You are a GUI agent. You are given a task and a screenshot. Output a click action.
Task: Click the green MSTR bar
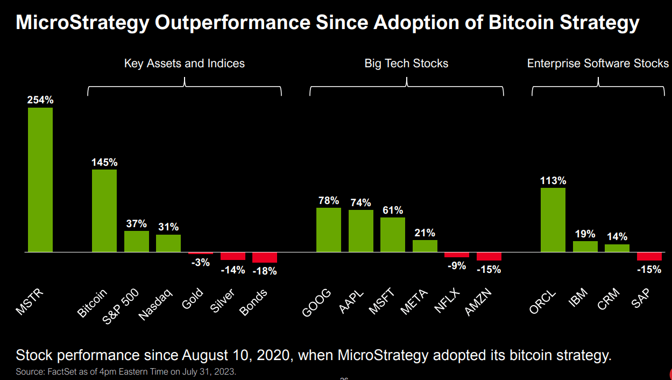pyautogui.click(x=40, y=180)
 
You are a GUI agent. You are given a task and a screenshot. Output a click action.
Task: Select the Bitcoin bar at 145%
pyautogui.click(x=104, y=210)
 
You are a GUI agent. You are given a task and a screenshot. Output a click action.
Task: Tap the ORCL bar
pyautogui.click(x=553, y=220)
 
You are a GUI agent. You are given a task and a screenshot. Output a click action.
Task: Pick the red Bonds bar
pyautogui.click(x=265, y=257)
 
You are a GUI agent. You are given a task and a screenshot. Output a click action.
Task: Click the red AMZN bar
pyautogui.click(x=489, y=256)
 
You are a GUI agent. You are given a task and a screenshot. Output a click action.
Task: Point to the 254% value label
pyautogui.click(x=40, y=100)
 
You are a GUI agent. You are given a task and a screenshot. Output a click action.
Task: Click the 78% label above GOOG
pyautogui.click(x=328, y=201)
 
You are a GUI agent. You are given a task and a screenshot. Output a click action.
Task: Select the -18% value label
pyautogui.click(x=265, y=271)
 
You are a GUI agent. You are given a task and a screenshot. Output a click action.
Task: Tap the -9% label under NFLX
pyautogui.click(x=456, y=265)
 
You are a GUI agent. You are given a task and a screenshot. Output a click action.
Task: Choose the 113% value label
pyautogui.click(x=553, y=180)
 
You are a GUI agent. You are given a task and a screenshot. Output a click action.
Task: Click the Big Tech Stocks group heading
pyautogui.click(x=406, y=64)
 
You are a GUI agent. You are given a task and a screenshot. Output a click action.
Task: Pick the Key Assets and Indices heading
pyautogui.click(x=185, y=64)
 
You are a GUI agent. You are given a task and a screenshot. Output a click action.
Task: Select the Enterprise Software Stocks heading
pyautogui.click(x=598, y=64)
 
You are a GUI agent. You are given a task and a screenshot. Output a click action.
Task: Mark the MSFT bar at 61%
pyautogui.click(x=393, y=235)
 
